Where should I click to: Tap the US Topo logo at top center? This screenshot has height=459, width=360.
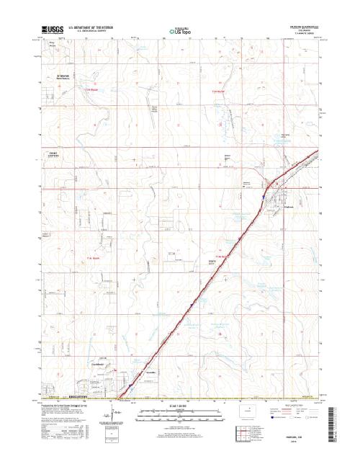[179, 30]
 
